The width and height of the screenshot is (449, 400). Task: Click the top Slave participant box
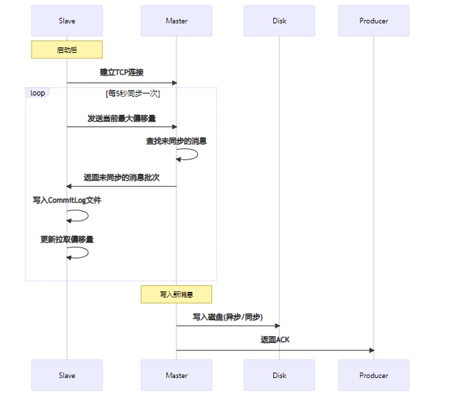[67, 21]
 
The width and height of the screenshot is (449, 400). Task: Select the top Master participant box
[176, 21]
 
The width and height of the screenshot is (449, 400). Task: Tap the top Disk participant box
[279, 21]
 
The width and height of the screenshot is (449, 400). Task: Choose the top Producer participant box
[373, 21]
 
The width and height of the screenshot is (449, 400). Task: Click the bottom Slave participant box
[67, 375]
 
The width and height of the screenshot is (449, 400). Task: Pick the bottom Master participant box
[176, 375]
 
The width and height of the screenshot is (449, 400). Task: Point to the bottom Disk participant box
[279, 375]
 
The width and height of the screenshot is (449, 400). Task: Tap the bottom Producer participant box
[373, 375]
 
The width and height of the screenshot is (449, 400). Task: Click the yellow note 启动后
[67, 49]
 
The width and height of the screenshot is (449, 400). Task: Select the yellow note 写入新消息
[176, 294]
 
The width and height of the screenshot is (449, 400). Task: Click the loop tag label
[38, 93]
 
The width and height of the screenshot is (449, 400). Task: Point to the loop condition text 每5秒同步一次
[133, 93]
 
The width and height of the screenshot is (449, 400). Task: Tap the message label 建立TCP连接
[122, 72]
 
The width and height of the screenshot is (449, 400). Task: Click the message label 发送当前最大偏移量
[122, 118]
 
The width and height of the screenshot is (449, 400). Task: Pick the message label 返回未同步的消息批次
[122, 177]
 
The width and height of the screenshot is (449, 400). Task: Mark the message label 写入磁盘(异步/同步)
[227, 317]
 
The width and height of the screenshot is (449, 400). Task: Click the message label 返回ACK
[275, 340]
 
